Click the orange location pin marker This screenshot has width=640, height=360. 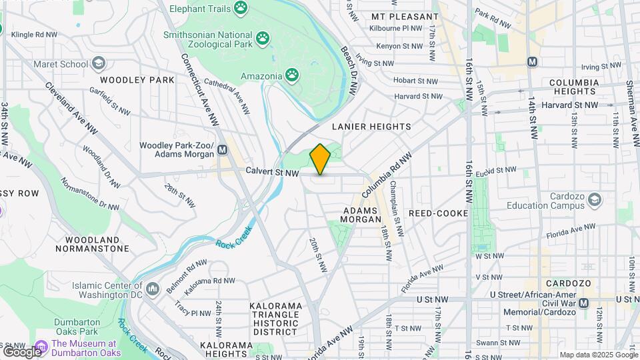320,159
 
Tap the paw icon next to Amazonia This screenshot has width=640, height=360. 292,76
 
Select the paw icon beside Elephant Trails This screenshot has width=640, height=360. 241,9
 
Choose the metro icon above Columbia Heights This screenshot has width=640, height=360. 532,61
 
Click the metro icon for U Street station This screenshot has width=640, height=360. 584,303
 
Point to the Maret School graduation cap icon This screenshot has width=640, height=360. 99,64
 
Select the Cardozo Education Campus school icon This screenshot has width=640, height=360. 595,199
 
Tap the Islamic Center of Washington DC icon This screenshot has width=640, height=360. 153,289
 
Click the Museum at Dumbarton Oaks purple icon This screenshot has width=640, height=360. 41,347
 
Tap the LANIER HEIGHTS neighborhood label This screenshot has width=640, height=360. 371,126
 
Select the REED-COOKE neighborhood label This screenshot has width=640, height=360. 435,213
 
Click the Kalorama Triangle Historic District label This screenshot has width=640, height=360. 276,319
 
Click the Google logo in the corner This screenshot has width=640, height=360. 21,351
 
